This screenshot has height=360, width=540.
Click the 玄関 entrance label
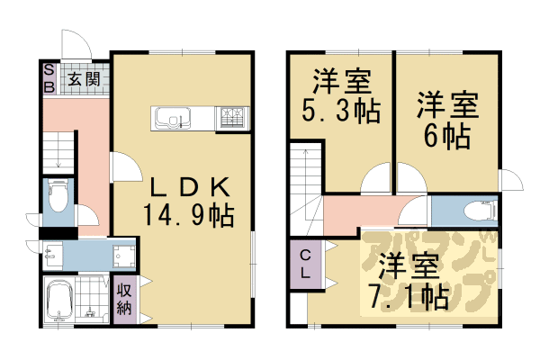(84, 79)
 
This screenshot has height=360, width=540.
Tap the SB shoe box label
(49, 79)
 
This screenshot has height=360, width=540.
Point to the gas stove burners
(231, 118)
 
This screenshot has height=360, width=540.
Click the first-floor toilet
(58, 195)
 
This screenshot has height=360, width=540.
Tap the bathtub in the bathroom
(58, 301)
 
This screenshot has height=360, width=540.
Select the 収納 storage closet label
(124, 300)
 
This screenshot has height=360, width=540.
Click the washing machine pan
(123, 256)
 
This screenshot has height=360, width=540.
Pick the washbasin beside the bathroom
(53, 256)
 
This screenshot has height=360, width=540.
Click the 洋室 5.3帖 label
(342, 96)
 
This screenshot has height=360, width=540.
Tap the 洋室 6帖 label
(447, 121)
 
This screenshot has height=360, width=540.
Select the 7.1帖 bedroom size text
(408, 297)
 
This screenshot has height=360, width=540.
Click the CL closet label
(305, 265)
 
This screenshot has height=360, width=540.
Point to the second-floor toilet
(480, 211)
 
